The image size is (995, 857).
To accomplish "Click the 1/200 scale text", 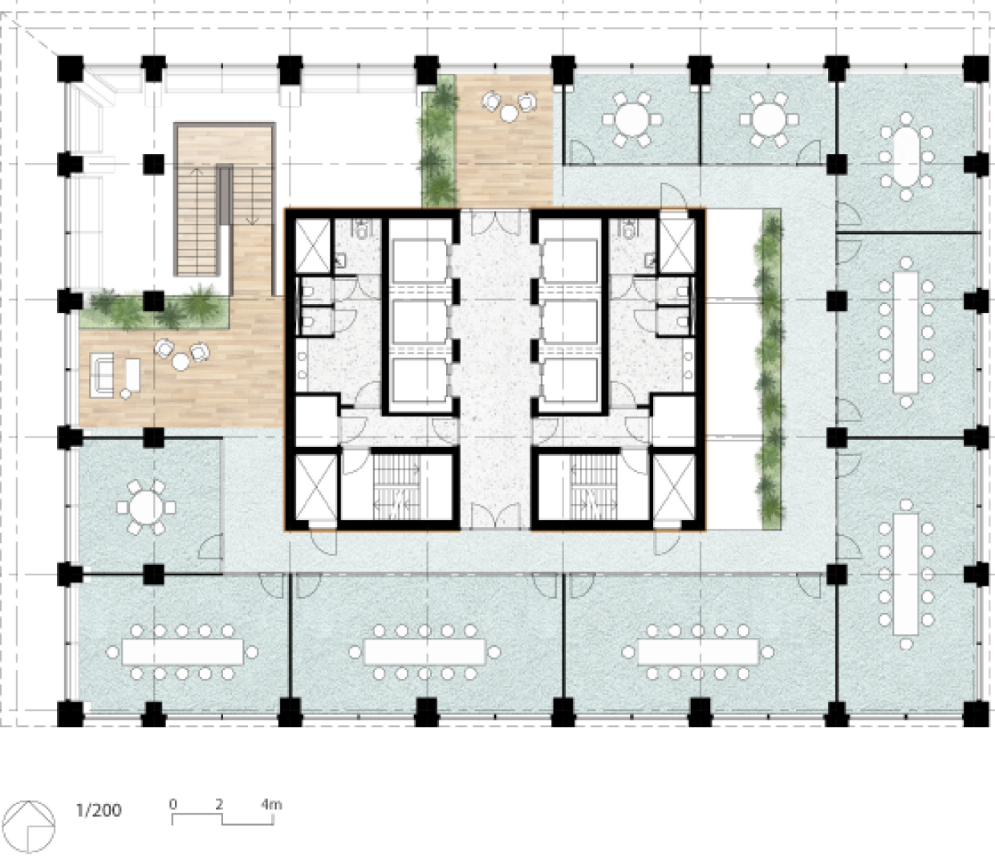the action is pos(99,810).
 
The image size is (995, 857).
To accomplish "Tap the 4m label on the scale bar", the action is pos(271,804).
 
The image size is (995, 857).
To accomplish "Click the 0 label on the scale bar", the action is pos(173,804).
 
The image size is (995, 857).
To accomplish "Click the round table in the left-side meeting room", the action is pos(146,507).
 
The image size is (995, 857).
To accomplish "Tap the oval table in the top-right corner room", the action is pos(907,156).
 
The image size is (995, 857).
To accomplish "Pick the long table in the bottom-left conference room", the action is pos(182,652).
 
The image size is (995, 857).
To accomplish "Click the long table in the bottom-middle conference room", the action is pos(424,652).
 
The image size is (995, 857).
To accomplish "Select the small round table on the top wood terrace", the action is pos(509,114).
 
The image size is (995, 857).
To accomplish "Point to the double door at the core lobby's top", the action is pos(496,222).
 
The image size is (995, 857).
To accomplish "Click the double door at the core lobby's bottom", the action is pos(496,515).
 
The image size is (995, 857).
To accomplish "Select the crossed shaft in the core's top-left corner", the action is pos(312,246).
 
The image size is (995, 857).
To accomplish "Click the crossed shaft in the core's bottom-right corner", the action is pos(674,487).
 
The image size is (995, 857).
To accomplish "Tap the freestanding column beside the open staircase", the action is pos(153,164).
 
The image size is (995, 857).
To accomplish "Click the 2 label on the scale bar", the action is pos(220,804).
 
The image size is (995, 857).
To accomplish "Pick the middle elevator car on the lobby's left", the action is pos(420,322).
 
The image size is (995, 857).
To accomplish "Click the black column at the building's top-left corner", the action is pos(71,69).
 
